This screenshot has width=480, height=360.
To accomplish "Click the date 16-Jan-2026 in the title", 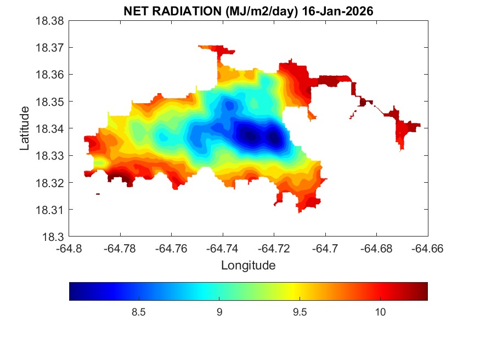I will tap(335, 11).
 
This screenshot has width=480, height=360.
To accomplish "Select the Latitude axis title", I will tap(25, 128).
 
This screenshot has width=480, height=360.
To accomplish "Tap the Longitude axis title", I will tap(248, 266).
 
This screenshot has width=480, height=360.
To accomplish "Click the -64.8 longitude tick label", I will tap(69, 248).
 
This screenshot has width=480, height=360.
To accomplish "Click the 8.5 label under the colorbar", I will tap(139, 312).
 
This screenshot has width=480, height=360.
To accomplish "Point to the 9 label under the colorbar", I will tap(219, 312).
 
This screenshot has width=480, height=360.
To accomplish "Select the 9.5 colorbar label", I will tap(300, 312).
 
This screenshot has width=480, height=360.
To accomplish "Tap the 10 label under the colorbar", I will tap(380, 312).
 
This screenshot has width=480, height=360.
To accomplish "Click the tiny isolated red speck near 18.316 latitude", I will tap(98, 194).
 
